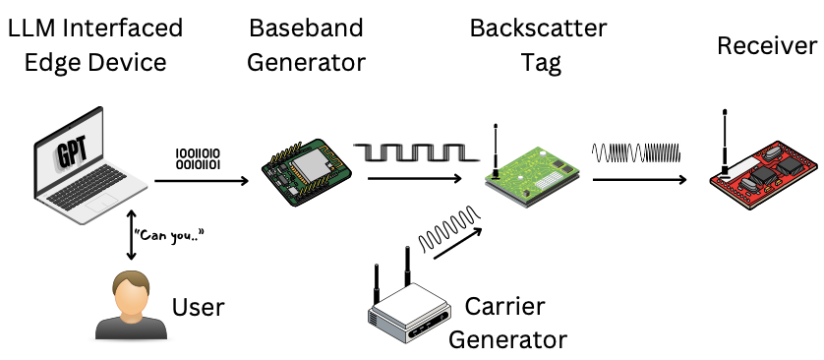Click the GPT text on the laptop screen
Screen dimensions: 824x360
(x=71, y=150)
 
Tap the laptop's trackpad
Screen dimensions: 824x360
(x=102, y=203)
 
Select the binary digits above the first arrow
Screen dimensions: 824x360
(x=198, y=158)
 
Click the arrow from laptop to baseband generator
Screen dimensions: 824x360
(x=202, y=181)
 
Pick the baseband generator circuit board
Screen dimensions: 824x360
(x=307, y=172)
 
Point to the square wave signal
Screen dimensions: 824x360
(x=416, y=152)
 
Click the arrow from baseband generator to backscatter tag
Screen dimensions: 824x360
(x=415, y=179)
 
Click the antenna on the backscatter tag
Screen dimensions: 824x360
(x=496, y=150)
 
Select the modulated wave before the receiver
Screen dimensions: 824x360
(x=636, y=152)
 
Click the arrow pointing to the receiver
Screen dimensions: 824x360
(x=639, y=180)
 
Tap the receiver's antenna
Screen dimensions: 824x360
(x=725, y=141)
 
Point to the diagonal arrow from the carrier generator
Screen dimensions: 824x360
(x=456, y=243)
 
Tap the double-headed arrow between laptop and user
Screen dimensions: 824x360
(x=131, y=234)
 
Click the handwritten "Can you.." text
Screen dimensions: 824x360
(x=168, y=235)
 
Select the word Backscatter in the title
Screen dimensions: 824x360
(x=538, y=28)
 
